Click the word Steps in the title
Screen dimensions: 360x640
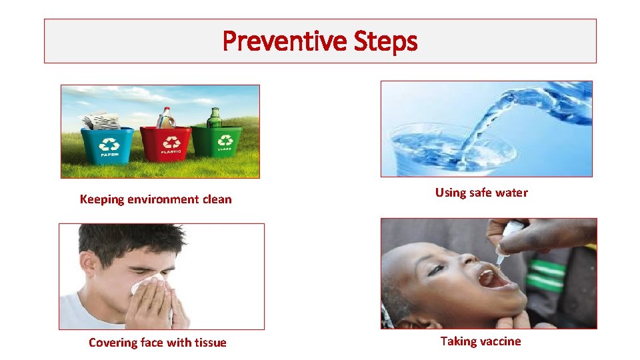386,41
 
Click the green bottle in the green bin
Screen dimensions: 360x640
215,118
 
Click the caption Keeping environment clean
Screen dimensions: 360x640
155,199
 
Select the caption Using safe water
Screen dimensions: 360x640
481,193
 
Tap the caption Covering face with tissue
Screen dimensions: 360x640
157,343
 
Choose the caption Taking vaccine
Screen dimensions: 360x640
481,341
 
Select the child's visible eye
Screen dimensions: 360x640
436,269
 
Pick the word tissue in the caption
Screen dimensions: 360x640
210,343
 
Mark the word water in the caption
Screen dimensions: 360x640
512,193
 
